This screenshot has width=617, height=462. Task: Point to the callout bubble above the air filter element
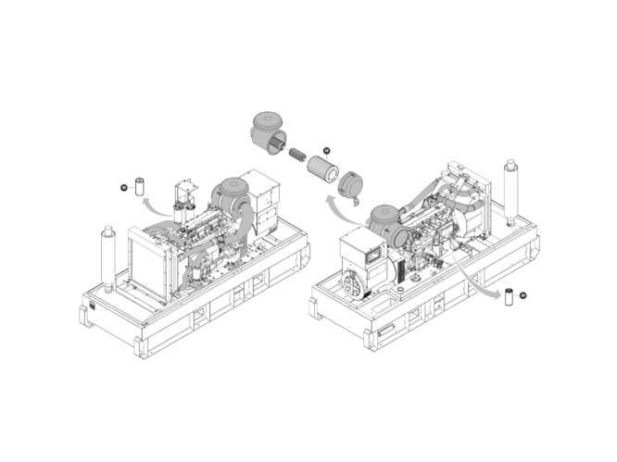click(x=326, y=150)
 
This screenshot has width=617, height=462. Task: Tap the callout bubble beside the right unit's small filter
click(x=524, y=295)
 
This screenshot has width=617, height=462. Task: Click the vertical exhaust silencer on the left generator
click(x=106, y=259)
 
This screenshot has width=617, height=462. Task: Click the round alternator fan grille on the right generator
click(x=353, y=285)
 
